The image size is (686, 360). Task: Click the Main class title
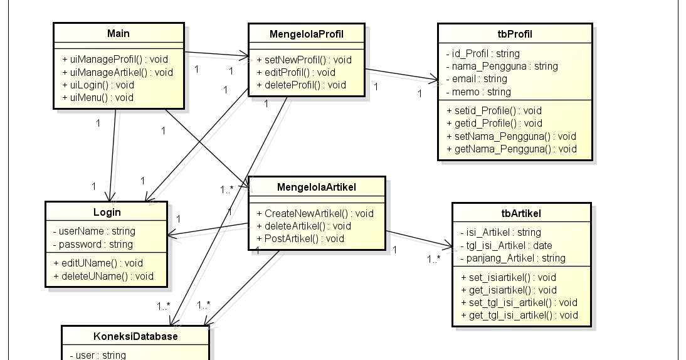coord(118,33)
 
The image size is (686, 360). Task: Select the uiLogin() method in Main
coord(98,85)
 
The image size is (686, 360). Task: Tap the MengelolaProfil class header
coord(306,33)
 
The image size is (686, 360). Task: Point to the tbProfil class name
coord(514,34)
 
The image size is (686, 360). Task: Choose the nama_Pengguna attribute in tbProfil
coord(502,66)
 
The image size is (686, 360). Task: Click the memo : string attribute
coord(478,92)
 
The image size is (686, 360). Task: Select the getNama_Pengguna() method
coord(511,149)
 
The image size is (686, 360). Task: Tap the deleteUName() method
coord(103,276)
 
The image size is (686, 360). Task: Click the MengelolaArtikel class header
coord(316,187)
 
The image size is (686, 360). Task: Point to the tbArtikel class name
coord(521,213)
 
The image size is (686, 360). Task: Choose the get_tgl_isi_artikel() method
coord(519,315)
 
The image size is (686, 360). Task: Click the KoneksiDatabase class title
coord(135,336)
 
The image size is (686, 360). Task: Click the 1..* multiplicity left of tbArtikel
coord(434,258)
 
